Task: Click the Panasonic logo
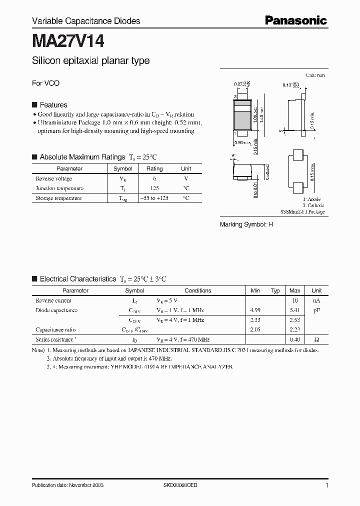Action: tap(295, 20)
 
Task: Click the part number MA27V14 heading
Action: tap(68, 40)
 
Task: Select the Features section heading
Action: tap(53, 105)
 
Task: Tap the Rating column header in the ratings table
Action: tap(154, 169)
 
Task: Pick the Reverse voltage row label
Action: tap(54, 178)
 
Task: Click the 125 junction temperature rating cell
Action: tap(154, 188)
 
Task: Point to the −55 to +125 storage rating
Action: tap(154, 198)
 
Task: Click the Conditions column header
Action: tap(198, 290)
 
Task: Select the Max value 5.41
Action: tap(295, 310)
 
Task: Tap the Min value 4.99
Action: tap(255, 310)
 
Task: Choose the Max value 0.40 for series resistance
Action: tap(295, 339)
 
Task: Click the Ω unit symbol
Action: tap(316, 339)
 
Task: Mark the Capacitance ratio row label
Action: tap(56, 329)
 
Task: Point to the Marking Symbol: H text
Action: tap(246, 225)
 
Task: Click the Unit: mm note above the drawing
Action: tap(315, 75)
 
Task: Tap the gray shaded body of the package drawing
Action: tap(242, 120)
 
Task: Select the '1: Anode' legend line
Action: tap(313, 200)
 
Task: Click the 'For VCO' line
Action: tap(45, 83)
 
